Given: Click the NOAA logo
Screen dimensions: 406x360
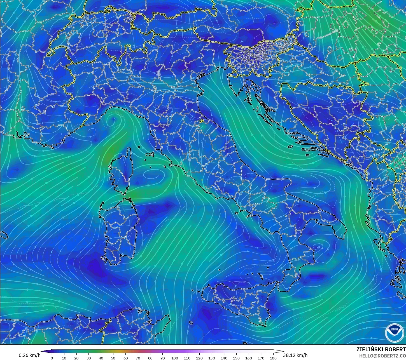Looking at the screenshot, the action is (x=395, y=333).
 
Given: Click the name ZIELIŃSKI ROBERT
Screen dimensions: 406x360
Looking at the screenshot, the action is (x=381, y=349).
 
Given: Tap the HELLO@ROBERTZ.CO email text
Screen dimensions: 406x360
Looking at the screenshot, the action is (x=382, y=356).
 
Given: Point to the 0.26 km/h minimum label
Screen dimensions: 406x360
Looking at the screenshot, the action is (x=29, y=355).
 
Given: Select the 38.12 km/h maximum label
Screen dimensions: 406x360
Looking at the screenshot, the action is (x=295, y=355).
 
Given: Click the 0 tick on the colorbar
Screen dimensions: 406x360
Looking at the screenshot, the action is (x=52, y=358).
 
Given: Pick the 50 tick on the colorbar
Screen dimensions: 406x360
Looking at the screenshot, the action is (x=113, y=358).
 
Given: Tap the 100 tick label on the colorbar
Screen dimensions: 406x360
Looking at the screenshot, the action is (x=175, y=358).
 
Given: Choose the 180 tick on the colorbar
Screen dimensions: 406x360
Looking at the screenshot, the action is (x=273, y=358).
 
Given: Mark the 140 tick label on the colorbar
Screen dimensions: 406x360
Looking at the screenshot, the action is (x=224, y=358).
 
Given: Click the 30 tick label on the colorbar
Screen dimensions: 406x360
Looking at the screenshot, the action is (x=89, y=358).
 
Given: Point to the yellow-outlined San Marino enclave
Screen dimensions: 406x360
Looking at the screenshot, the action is (x=202, y=121).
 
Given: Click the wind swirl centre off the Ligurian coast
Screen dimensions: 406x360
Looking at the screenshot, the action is (x=113, y=120).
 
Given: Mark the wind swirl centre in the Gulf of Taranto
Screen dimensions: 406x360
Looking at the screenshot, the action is (x=318, y=247).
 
